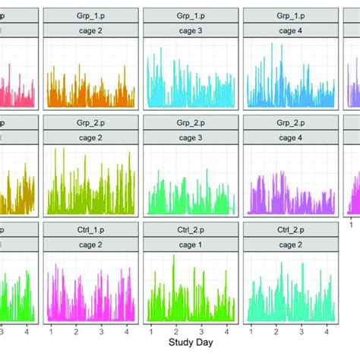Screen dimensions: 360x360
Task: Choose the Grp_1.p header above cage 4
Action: (x=289, y=14)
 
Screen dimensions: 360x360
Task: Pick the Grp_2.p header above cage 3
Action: (x=191, y=122)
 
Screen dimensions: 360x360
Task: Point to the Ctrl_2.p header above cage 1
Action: (x=191, y=229)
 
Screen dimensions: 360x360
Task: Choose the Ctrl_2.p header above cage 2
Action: (x=289, y=229)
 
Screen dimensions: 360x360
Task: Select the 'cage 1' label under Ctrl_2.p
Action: (x=191, y=244)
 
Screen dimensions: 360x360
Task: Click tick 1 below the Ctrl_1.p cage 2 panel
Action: (x=51, y=331)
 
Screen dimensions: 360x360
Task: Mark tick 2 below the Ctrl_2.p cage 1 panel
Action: (x=175, y=331)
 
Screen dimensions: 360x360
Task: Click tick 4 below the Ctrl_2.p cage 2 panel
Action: (x=325, y=331)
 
